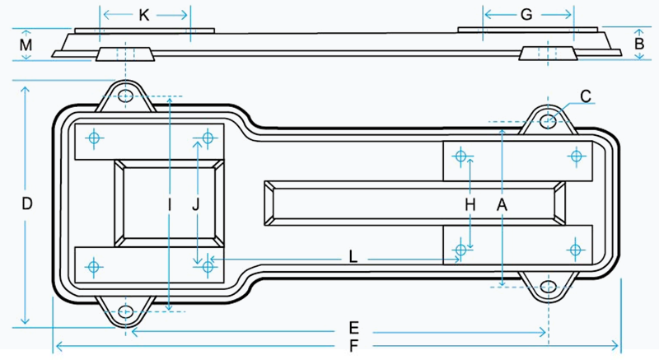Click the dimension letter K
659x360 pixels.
click(x=143, y=15)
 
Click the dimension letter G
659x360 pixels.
click(x=526, y=15)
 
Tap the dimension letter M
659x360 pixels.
click(x=26, y=44)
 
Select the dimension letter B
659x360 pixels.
click(x=639, y=44)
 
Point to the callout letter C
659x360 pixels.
click(x=586, y=96)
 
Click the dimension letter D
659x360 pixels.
click(x=27, y=203)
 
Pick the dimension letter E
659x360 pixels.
click(x=354, y=328)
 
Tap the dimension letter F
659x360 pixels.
click(x=354, y=346)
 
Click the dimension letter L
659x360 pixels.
click(x=353, y=257)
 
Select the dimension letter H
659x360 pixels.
click(x=470, y=205)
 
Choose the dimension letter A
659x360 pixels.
click(x=502, y=205)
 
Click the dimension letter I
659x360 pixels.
click(x=170, y=205)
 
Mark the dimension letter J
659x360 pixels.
click(x=196, y=205)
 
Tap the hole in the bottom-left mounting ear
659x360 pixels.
click(x=125, y=311)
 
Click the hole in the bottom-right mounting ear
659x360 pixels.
click(x=549, y=287)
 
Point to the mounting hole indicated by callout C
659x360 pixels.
click(x=549, y=121)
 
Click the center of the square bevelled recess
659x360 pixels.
click(x=169, y=203)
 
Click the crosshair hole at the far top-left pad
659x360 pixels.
click(x=94, y=138)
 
